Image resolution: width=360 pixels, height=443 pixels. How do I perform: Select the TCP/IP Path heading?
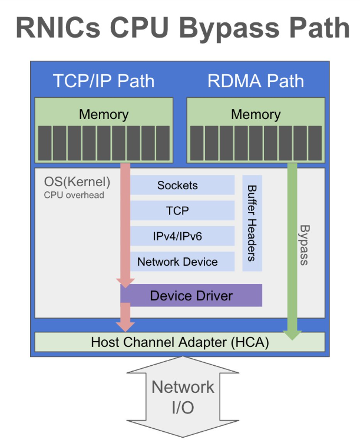click(x=104, y=81)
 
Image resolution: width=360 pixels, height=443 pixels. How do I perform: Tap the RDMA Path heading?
click(x=256, y=81)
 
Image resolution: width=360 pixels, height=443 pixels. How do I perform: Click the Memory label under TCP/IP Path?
click(x=104, y=114)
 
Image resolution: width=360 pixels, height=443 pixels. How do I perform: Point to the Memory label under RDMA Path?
click(x=256, y=114)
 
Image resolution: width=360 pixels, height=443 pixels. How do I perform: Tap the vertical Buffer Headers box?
click(x=252, y=223)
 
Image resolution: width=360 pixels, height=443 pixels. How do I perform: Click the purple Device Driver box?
click(x=191, y=296)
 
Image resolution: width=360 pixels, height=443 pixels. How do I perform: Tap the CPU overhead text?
click(x=74, y=194)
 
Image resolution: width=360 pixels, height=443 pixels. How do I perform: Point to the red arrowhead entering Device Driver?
click(x=125, y=281)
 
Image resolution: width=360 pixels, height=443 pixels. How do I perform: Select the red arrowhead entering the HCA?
click(x=125, y=325)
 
